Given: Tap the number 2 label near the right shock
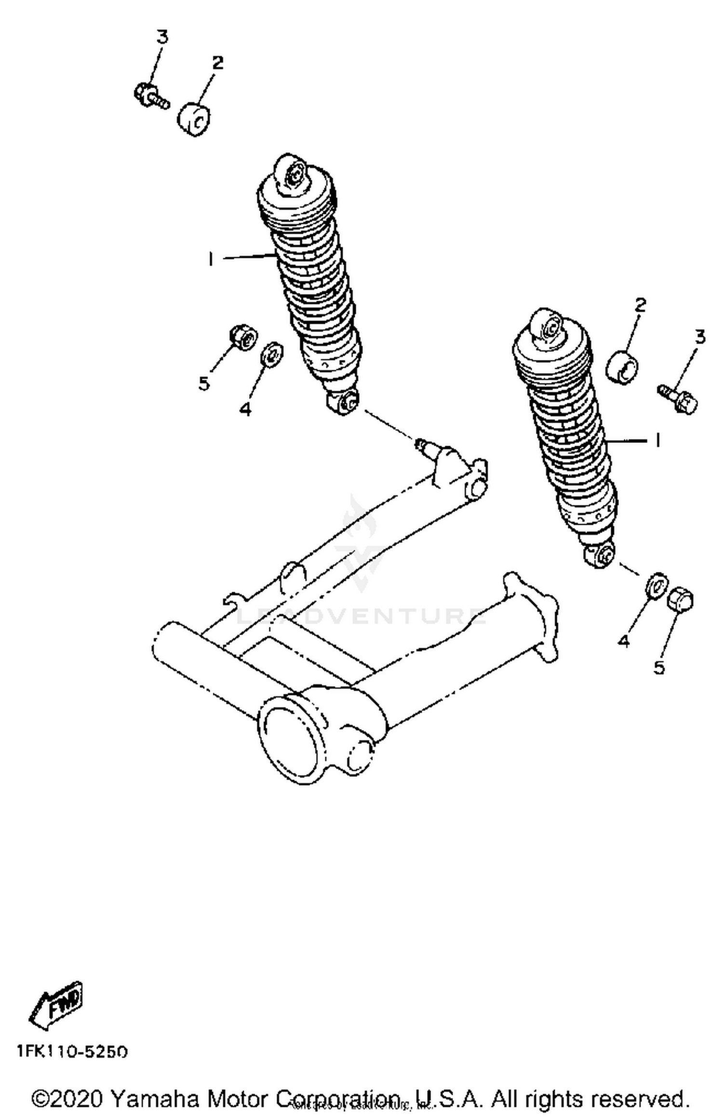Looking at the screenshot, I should (640, 305).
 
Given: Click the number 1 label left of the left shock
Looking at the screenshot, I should (211, 259).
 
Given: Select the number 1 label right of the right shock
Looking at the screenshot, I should (656, 439).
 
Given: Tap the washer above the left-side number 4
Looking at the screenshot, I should (271, 354).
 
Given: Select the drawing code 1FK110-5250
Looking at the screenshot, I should (72, 1051).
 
